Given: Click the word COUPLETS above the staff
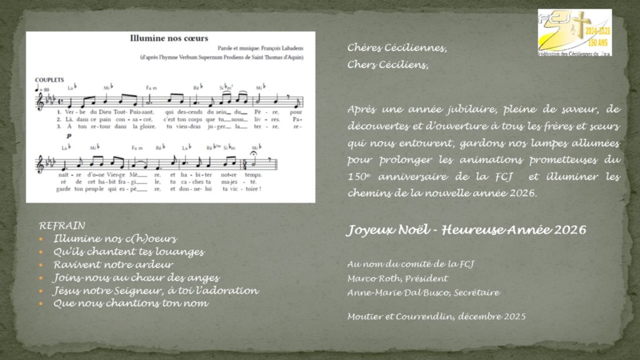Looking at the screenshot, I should (x=51, y=80).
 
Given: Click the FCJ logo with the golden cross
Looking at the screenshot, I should (x=574, y=32).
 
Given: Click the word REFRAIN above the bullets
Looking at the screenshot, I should (x=62, y=225).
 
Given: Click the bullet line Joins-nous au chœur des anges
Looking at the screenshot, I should (x=136, y=277).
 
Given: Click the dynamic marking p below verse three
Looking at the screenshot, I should (x=68, y=136).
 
